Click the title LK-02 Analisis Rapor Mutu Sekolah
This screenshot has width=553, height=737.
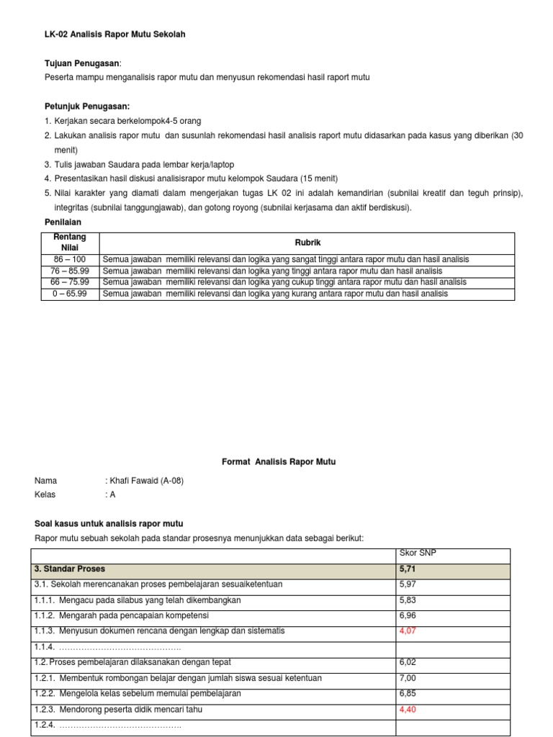click(109, 35)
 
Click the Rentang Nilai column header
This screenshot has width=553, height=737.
click(70, 243)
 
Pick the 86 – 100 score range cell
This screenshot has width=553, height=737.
click(70, 259)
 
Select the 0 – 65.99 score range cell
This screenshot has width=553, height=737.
click(70, 294)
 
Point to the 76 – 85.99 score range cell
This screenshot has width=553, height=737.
click(70, 271)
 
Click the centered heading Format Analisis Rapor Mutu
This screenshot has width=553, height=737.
click(278, 461)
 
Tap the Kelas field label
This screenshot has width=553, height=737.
click(45, 494)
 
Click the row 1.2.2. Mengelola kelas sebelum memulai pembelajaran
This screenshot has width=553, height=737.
click(138, 694)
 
